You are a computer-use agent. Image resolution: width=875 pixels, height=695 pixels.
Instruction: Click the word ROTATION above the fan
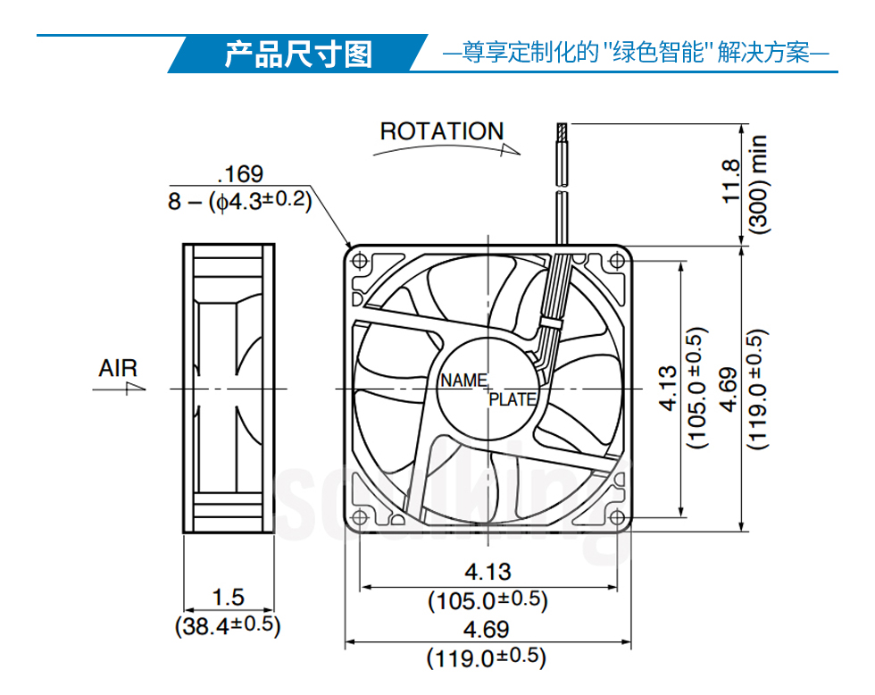(442, 131)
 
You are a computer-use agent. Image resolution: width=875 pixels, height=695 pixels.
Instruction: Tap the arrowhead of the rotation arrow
(511, 149)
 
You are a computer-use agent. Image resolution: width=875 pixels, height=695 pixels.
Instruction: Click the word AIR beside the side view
(118, 368)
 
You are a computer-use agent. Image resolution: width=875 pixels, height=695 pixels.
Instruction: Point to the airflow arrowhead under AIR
(136, 388)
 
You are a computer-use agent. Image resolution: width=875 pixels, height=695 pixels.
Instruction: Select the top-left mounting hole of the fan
(360, 261)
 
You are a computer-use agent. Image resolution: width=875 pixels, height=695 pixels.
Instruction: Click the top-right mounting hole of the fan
(617, 261)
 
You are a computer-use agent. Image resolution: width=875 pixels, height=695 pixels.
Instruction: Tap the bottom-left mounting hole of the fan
(360, 517)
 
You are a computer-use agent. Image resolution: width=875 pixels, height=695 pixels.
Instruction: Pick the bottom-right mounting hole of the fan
(617, 517)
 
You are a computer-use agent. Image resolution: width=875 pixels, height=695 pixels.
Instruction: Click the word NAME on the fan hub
(463, 381)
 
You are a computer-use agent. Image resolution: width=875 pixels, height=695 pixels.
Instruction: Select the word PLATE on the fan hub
(512, 399)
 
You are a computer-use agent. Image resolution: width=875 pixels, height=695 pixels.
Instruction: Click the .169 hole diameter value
(240, 174)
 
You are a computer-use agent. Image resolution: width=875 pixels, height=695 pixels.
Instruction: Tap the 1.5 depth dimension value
(229, 598)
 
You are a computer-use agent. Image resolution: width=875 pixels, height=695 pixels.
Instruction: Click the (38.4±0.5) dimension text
(228, 625)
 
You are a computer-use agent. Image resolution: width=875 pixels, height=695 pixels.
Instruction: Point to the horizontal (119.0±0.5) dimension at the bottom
(486, 657)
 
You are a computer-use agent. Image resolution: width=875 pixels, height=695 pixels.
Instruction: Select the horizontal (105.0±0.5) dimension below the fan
(487, 600)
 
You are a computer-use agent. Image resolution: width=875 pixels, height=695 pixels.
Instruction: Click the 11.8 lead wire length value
(731, 181)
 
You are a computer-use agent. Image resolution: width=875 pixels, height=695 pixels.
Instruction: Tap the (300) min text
(759, 184)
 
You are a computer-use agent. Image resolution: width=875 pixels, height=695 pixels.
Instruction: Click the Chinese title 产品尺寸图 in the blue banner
(298, 54)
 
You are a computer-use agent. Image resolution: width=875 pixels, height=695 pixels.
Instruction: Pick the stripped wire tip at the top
(562, 133)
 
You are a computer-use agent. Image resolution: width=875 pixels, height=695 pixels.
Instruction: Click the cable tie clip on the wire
(551, 323)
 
